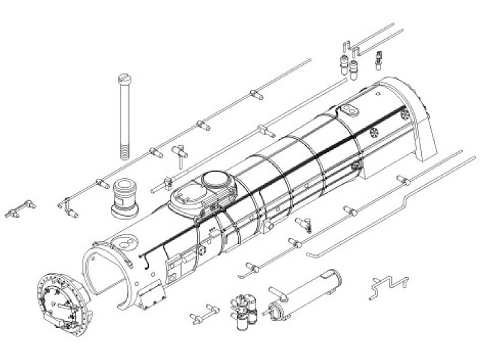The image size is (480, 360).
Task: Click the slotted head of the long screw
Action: click(x=123, y=77)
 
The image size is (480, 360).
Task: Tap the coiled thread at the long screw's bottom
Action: click(x=123, y=150)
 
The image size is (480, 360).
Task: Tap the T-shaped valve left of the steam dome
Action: click(x=179, y=152)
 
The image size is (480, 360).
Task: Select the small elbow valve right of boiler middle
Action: click(x=305, y=223)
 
